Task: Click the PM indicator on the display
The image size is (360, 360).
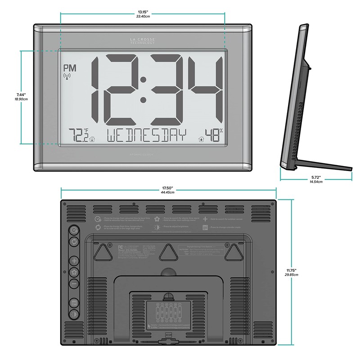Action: coord(70,68)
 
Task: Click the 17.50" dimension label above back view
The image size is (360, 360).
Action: coord(168,189)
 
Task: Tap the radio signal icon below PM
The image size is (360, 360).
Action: coord(67,76)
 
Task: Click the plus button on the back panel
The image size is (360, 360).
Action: coord(74,261)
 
